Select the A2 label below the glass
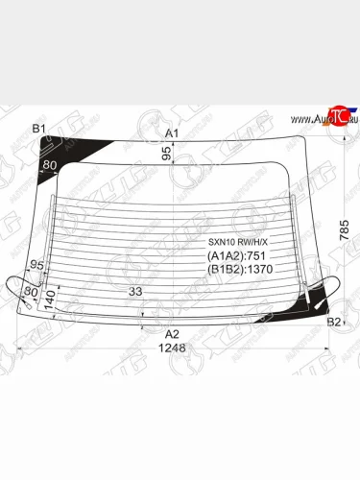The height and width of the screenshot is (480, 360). point(173,333)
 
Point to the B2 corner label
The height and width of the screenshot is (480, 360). point(334,322)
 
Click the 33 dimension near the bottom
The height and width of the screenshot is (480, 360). point(135,292)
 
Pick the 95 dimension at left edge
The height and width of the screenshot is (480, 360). point(37,264)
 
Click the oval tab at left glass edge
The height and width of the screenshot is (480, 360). point(21,290)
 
